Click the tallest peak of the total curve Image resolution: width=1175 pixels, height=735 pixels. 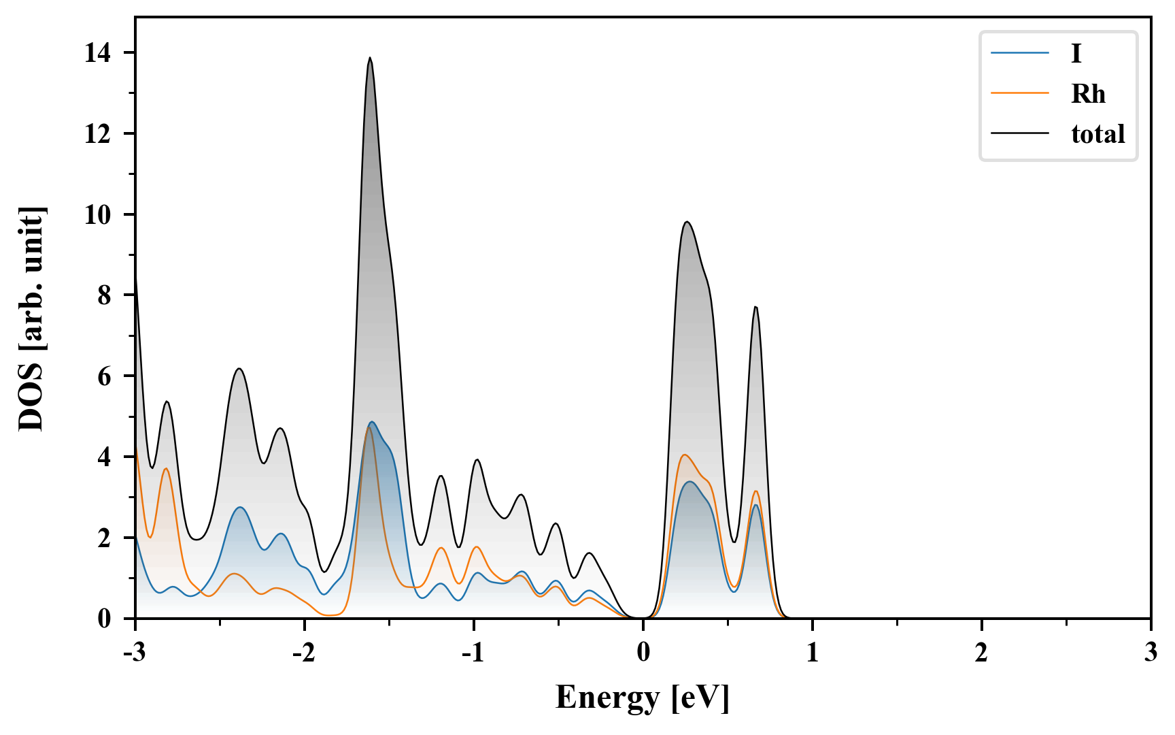tap(370, 59)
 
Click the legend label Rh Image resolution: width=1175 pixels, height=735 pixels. tap(1088, 94)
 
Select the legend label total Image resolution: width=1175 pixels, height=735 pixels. tap(1097, 134)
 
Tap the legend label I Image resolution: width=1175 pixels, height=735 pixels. tap(1076, 54)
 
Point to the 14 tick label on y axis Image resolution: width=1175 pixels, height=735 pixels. tap(98, 53)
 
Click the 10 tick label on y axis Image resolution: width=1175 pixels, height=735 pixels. tap(98, 215)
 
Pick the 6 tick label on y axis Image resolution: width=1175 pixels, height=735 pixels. tap(104, 376)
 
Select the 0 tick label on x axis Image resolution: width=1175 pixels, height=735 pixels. tap(643, 653)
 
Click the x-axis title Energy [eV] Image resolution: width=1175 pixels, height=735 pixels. tap(642, 698)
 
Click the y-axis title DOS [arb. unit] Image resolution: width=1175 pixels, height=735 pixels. tap(31, 318)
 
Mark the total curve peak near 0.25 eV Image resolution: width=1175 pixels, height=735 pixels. tap(687, 222)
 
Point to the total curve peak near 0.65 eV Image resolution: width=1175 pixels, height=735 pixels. tap(755, 308)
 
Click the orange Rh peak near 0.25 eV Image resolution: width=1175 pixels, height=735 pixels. tap(684, 455)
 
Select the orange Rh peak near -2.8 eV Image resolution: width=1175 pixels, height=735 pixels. tap(165, 468)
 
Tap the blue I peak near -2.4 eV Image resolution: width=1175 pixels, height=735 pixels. tap(239, 508)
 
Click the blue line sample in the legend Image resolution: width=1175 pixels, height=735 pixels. tap(1019, 54)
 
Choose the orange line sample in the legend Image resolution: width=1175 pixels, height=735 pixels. tap(1019, 94)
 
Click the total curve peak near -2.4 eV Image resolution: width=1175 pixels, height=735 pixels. tap(239, 369)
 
